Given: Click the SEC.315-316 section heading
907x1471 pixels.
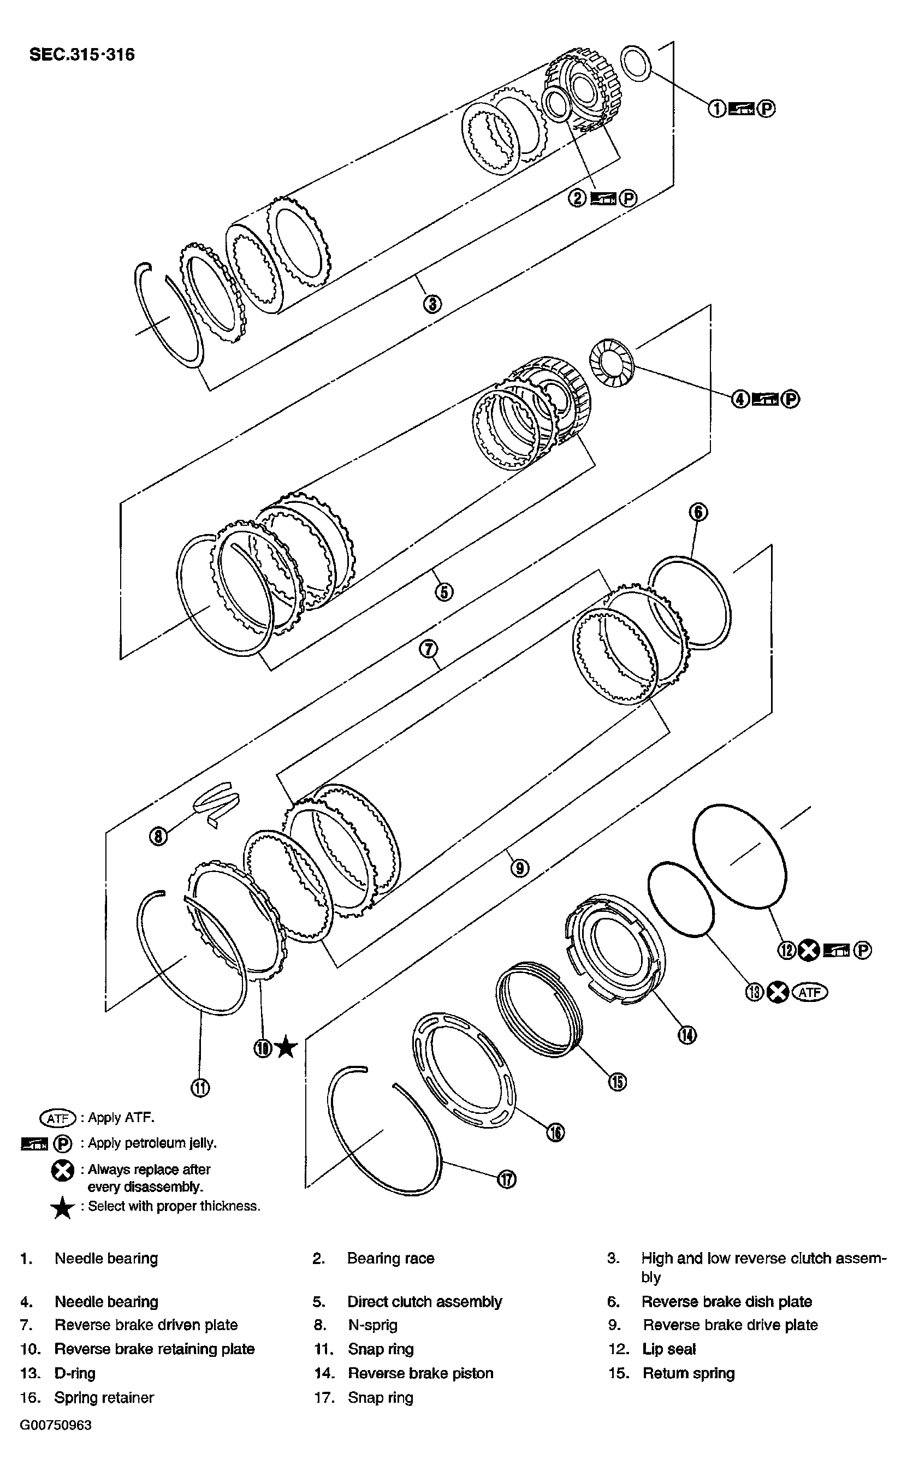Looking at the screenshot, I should point(82,55).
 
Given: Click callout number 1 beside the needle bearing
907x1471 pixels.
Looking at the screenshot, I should point(717,109).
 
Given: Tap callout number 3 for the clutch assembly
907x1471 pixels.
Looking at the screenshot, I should point(432,304).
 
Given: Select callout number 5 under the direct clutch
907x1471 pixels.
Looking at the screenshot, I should point(443,592).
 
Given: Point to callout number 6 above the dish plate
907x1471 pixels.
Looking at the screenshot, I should point(698,512).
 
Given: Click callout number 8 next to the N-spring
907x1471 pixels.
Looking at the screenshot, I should point(158,836).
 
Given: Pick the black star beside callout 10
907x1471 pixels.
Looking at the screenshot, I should point(286,1048).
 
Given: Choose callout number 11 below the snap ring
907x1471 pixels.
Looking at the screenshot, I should point(200,1087).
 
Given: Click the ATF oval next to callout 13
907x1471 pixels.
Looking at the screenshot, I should point(809,993).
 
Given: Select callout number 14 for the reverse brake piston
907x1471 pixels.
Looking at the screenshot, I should point(687,1034).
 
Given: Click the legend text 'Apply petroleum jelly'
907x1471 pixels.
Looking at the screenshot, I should point(152,1143).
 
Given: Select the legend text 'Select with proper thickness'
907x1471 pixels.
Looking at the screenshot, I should point(174,1206).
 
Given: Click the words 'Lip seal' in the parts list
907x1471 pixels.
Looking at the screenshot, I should point(668,1349).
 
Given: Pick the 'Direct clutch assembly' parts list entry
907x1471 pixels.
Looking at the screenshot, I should point(424,1302).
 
